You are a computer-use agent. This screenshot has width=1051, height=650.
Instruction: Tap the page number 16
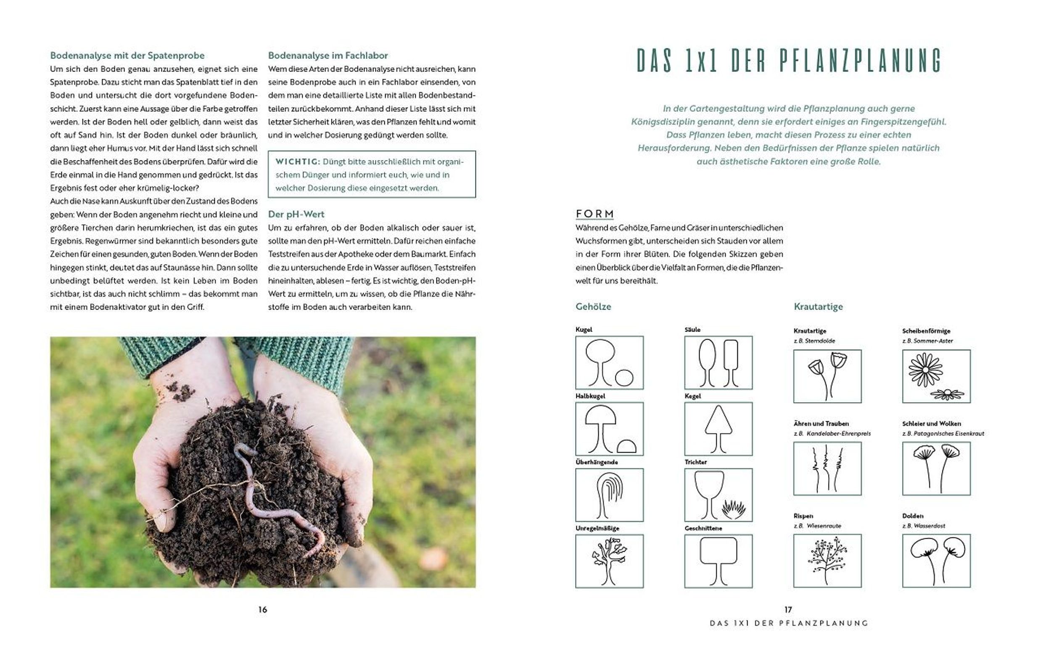262,610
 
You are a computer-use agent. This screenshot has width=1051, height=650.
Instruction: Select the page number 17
788,610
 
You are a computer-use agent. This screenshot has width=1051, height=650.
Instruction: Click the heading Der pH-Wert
296,214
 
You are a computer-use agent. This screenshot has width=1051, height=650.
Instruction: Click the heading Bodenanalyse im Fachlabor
328,55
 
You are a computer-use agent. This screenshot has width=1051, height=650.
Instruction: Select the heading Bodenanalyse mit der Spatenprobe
127,55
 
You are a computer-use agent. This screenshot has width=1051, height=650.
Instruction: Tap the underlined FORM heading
595,214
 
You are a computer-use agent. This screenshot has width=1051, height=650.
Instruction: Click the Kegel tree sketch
718,429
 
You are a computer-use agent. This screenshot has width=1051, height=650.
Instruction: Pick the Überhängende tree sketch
610,495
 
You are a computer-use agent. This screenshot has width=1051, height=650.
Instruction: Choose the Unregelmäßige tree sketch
610,561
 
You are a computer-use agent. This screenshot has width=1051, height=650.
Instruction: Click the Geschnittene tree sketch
718,561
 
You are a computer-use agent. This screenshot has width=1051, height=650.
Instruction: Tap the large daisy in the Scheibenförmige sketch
925,370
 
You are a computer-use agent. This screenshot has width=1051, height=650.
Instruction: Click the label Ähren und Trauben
821,423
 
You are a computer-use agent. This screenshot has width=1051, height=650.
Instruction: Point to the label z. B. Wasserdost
924,526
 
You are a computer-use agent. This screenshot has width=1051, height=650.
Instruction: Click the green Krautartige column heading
818,307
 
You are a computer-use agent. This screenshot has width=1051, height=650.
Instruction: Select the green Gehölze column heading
593,307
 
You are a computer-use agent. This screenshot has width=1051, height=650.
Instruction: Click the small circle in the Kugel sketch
624,378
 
